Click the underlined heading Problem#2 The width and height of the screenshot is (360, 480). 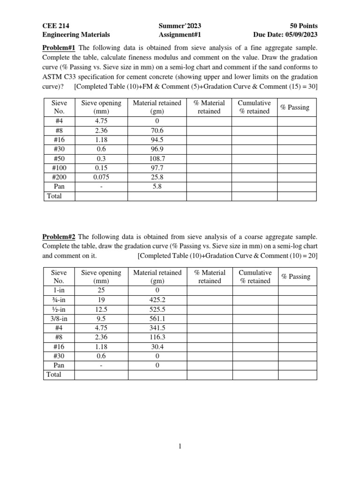coord(59,237)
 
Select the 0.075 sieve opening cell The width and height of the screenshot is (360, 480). coord(101,177)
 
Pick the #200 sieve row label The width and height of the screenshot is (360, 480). coord(59,177)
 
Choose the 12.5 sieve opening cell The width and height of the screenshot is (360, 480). coord(101,310)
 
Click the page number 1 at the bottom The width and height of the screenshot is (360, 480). coord(180,447)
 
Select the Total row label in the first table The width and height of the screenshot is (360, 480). coord(54,196)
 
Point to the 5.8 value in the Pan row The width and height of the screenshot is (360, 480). coord(157,187)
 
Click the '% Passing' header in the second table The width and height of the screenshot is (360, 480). coord(295,277)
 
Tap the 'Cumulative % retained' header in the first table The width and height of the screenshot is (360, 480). coord(255,107)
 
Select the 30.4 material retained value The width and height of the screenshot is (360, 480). coord(157,347)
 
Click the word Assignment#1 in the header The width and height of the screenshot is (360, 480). coord(180,34)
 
